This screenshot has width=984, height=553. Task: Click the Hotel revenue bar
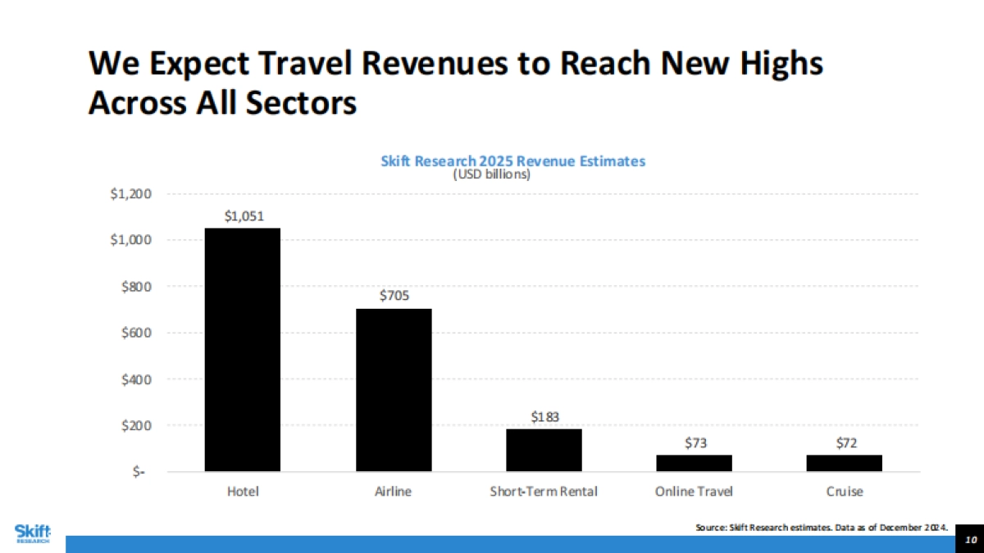(242, 350)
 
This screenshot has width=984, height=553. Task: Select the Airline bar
(394, 390)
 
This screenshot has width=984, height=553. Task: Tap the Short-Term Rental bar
(544, 450)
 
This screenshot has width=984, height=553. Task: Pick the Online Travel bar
(694, 463)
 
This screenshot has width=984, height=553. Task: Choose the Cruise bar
(844, 463)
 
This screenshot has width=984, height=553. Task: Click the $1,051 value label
(242, 215)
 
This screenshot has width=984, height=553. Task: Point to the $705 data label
(394, 296)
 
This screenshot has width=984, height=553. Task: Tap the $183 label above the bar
(544, 417)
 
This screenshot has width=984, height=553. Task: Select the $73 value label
(694, 442)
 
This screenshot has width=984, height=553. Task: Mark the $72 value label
(844, 442)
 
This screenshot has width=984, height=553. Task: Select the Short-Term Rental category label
(544, 492)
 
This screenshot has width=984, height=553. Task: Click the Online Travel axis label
(694, 492)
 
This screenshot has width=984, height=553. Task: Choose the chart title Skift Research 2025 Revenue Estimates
(513, 161)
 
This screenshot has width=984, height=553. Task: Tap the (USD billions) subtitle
(492, 174)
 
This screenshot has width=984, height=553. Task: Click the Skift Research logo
(32, 533)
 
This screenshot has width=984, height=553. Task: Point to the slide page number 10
(970, 540)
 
